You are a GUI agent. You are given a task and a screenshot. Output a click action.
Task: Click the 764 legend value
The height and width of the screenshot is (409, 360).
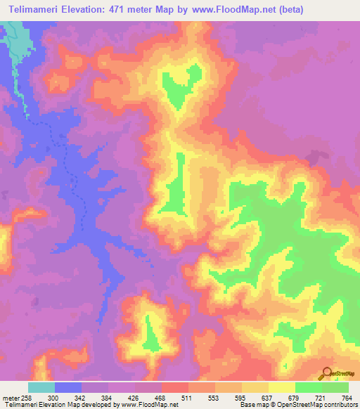tap(346, 397)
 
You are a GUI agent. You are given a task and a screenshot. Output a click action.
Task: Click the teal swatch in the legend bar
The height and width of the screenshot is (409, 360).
tap(41, 387)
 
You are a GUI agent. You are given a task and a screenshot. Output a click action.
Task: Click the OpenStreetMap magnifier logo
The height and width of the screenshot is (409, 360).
tap(326, 373)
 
